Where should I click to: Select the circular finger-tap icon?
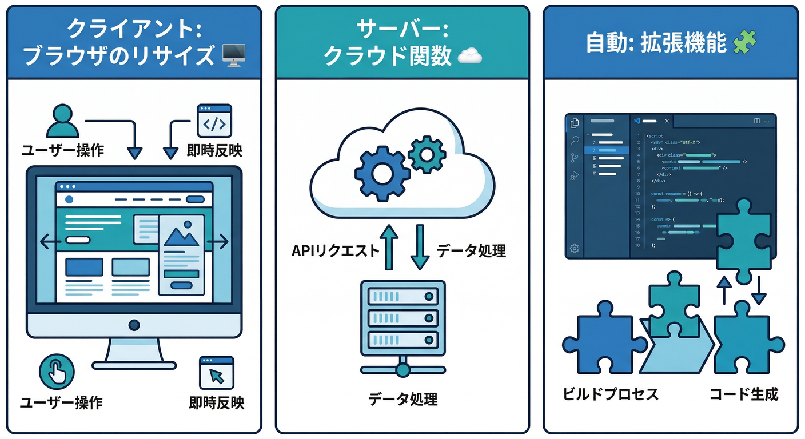(x=57, y=372)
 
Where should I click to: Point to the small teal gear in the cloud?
(x=427, y=154)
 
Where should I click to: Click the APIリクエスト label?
(x=334, y=250)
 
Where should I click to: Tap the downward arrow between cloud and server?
(x=420, y=247)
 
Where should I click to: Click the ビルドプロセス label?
(x=610, y=394)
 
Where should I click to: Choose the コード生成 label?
(x=744, y=394)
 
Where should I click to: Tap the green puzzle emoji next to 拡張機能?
(x=745, y=42)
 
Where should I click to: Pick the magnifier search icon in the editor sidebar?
(x=575, y=140)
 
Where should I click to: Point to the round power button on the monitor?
(x=134, y=325)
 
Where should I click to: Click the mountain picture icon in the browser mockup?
(x=181, y=236)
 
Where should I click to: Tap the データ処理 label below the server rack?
(x=402, y=398)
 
